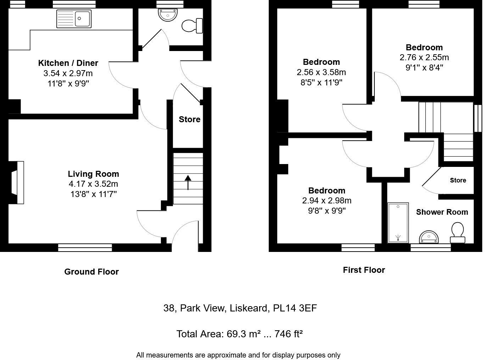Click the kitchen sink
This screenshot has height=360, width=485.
point(74,18)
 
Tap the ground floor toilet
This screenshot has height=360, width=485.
point(192,26)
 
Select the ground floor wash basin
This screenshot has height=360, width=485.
point(167,15)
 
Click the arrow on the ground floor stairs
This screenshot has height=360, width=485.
point(188,182)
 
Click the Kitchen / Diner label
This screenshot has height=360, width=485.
point(68,63)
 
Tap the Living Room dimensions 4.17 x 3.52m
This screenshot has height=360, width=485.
point(93,184)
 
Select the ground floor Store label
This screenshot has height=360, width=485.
point(189,119)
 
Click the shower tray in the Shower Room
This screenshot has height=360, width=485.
point(398,223)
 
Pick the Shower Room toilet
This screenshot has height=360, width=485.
point(457,232)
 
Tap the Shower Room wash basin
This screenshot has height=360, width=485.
point(429,237)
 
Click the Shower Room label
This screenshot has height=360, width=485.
point(442,212)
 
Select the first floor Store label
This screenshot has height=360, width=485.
point(458,180)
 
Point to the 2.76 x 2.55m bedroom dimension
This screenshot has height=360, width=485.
point(424,57)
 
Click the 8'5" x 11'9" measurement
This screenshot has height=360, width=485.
point(321,83)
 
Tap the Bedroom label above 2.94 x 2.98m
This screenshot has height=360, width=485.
point(327,190)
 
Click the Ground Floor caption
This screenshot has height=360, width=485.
point(91,272)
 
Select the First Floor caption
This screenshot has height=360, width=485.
point(364,270)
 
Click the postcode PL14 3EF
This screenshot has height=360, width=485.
point(295,308)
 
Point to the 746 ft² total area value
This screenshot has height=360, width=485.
point(289,334)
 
